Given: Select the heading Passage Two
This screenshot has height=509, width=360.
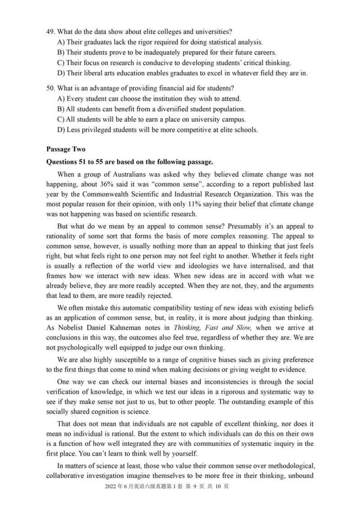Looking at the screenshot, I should click(x=66, y=149).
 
